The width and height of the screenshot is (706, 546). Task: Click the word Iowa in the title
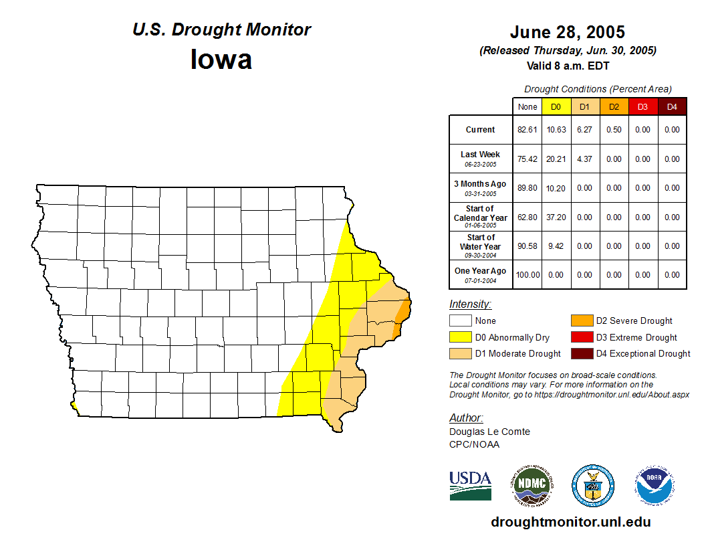pos(221,60)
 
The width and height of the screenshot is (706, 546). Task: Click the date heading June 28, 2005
pos(567,32)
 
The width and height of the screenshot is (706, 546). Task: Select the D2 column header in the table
pos(614,107)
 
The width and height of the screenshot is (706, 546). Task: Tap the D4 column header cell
pos(672,107)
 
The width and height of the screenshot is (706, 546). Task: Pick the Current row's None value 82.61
pos(527,130)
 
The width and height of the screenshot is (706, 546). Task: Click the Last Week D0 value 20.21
pos(556,159)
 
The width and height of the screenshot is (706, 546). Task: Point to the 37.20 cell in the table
pos(556,217)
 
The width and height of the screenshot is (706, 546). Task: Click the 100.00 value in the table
pos(527,275)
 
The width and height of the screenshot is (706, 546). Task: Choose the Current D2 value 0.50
pos(614,130)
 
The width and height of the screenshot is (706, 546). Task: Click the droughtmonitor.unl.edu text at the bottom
pos(570,522)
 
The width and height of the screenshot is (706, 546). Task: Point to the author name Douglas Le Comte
pos(489,432)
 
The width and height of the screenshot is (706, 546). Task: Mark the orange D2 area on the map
pos(403,311)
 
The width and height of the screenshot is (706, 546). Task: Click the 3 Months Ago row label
pos(481,187)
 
